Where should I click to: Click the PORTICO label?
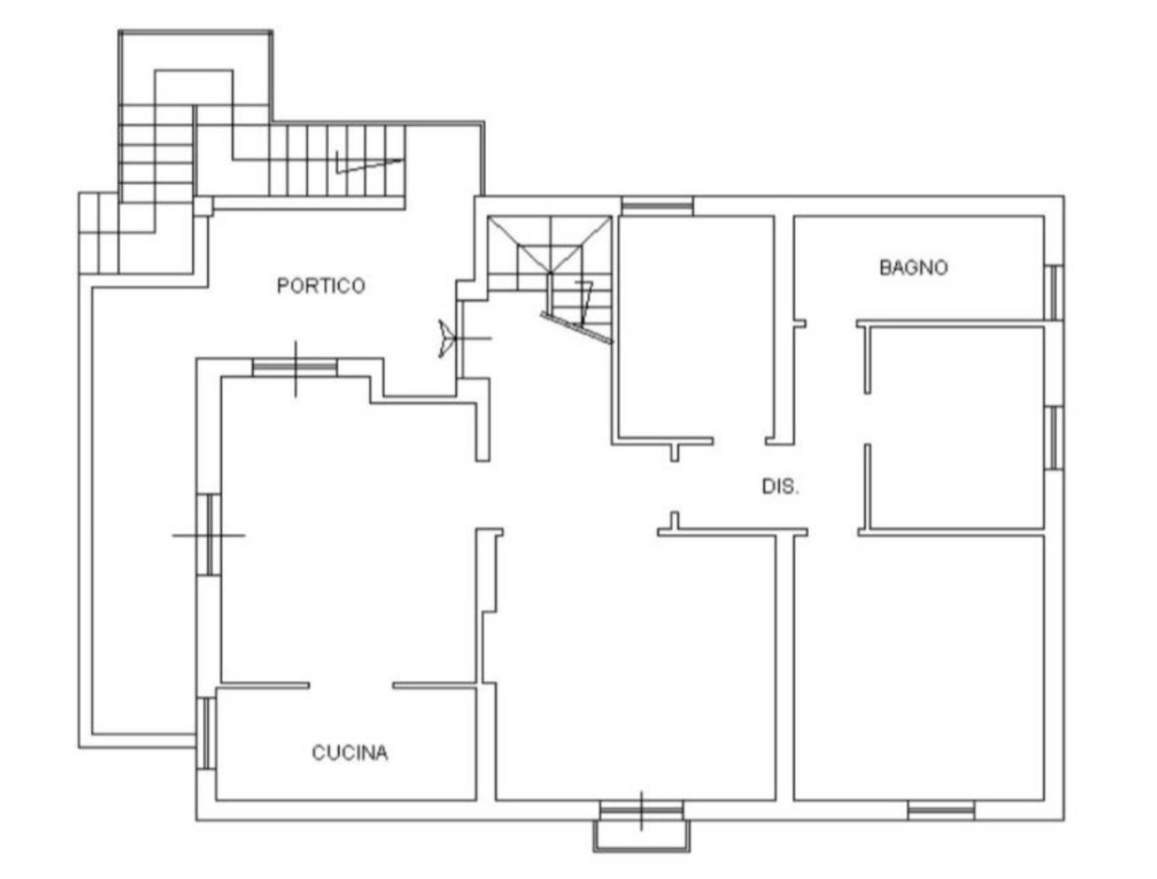click(x=320, y=285)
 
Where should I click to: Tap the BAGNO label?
click(x=913, y=267)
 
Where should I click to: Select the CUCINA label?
click(x=350, y=752)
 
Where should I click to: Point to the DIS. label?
click(x=780, y=486)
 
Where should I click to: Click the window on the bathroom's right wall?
click(x=1054, y=293)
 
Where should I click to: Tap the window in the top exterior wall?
click(x=657, y=206)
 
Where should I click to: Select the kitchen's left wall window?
click(x=206, y=734)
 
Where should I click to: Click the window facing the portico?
click(x=295, y=368)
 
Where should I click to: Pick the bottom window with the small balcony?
click(x=641, y=810)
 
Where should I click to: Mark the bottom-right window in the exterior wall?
click(x=941, y=810)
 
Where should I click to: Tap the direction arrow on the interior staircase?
click(x=585, y=303)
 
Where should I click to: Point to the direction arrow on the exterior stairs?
click(x=369, y=163)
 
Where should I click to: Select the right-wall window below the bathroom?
click(x=1054, y=438)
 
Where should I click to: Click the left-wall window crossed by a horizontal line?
click(x=209, y=535)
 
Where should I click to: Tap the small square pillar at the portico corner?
click(x=203, y=206)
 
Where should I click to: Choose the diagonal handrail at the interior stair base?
click(x=576, y=328)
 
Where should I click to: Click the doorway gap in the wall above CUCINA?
click(x=350, y=685)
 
